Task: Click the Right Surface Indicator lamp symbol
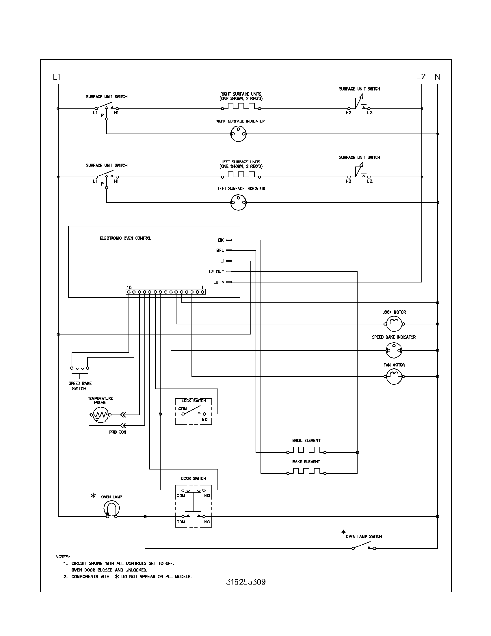point(238,134)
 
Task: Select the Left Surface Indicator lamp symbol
point(238,202)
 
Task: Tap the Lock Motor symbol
point(394,323)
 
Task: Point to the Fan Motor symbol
point(394,376)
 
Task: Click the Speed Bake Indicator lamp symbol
point(394,350)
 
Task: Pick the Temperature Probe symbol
point(100,415)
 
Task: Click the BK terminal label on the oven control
point(221,240)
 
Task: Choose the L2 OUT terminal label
point(216,272)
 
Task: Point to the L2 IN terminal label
point(219,282)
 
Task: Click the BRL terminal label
point(220,250)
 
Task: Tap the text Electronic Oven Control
point(125,238)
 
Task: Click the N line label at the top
point(437,77)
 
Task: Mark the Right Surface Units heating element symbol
point(241,106)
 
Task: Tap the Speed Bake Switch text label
point(80,386)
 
